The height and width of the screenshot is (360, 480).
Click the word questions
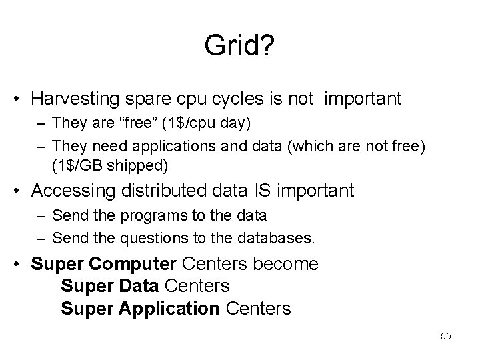pyautogui.click(x=150, y=238)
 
